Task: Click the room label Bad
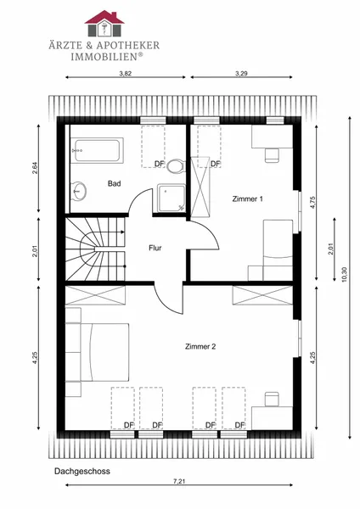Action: point(115,184)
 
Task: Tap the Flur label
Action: point(155,248)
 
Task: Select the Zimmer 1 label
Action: point(248,199)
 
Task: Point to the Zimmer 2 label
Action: point(200,347)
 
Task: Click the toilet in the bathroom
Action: point(176,166)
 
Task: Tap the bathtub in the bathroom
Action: point(98,150)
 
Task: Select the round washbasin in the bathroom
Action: point(79,191)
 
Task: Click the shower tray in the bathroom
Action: point(172,198)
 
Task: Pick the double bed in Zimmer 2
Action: point(98,352)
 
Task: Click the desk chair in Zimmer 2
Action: point(272,399)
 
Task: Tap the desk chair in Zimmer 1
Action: point(272,155)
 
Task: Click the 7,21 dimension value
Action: point(179,481)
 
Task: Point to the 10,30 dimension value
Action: point(345,274)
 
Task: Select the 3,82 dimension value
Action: point(126,73)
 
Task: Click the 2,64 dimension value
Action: point(35,168)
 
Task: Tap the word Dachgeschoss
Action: point(82,471)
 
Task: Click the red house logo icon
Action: point(104,23)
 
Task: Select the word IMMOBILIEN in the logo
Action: point(104,57)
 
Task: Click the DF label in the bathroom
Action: point(160,164)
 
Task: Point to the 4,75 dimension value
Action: point(313,202)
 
